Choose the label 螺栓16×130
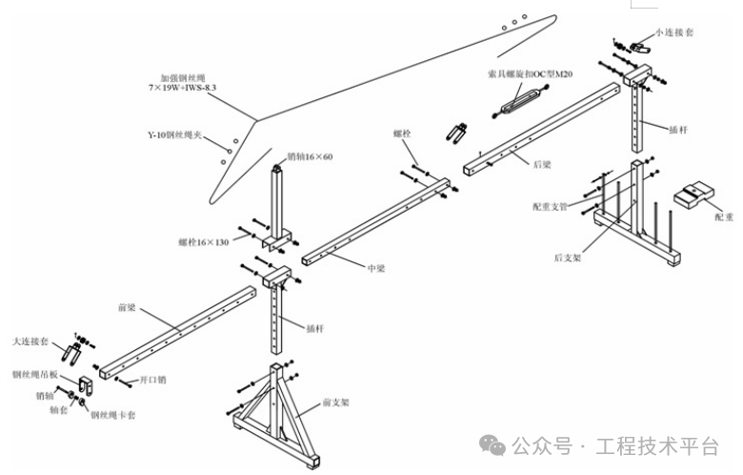click(x=204, y=242)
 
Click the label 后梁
click(x=541, y=164)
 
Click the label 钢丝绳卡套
click(x=112, y=416)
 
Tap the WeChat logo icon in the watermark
click(x=492, y=444)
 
